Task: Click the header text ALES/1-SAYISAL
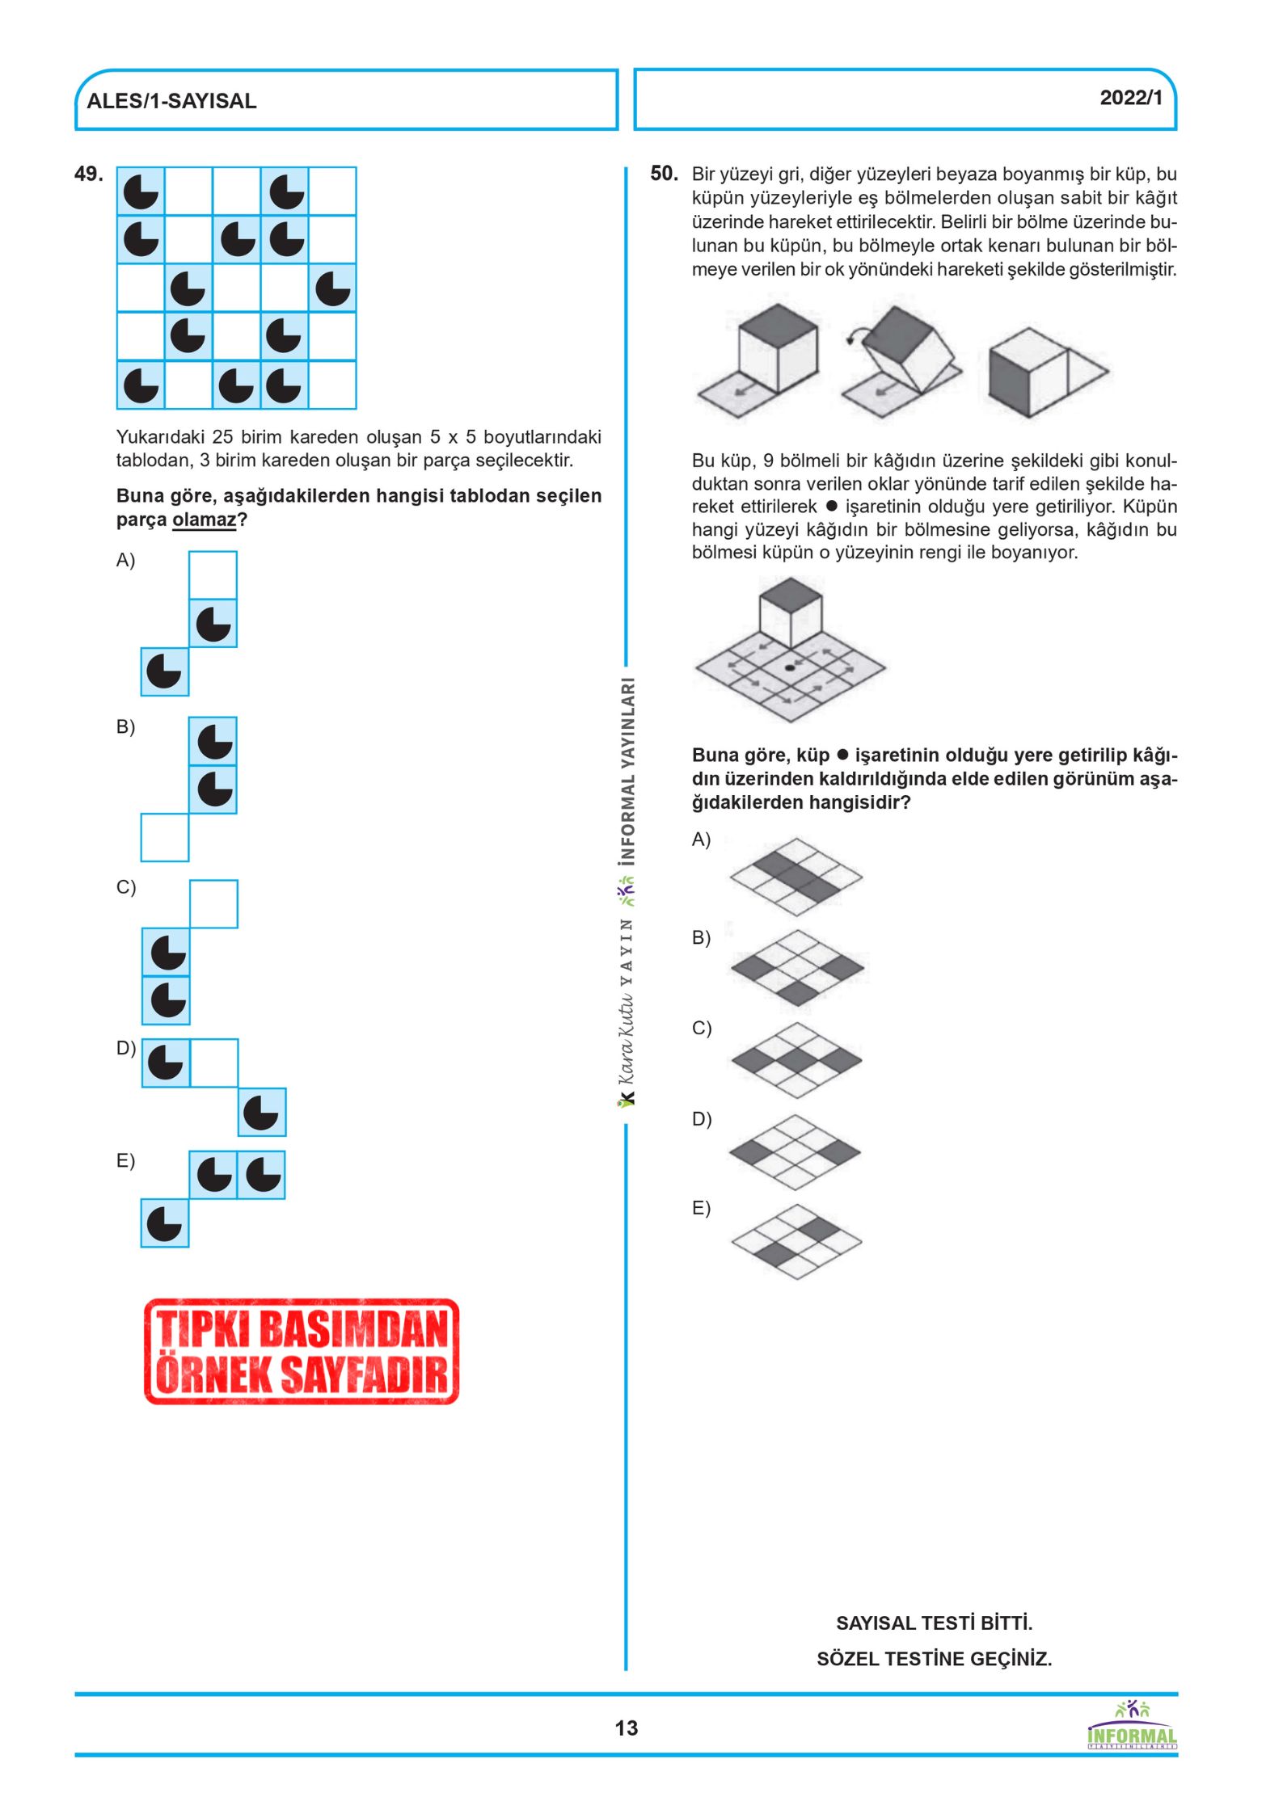click(171, 101)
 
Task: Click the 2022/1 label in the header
click(1130, 98)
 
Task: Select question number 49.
click(88, 174)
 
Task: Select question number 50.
click(664, 174)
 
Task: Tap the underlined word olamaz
click(204, 520)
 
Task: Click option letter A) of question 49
click(125, 560)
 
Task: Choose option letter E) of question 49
click(125, 1160)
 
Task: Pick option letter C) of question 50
click(701, 1028)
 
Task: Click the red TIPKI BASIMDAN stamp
click(302, 1351)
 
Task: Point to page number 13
click(626, 1728)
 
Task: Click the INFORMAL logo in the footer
click(1132, 1727)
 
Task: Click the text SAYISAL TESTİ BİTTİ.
click(934, 1622)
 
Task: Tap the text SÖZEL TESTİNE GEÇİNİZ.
click(934, 1659)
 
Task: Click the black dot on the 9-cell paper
click(790, 668)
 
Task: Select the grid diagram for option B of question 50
click(797, 967)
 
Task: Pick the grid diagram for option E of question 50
click(797, 1241)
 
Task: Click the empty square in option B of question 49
click(165, 837)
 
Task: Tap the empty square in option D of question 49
click(214, 1063)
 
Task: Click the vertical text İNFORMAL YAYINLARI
click(627, 771)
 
